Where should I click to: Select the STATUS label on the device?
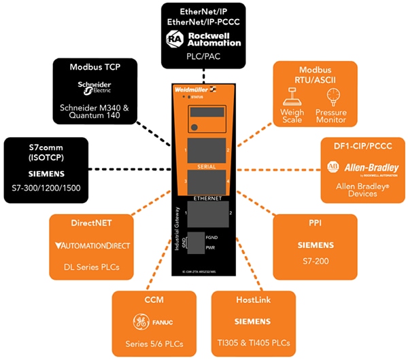point(197,98)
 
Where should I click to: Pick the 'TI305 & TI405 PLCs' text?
point(254,342)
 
